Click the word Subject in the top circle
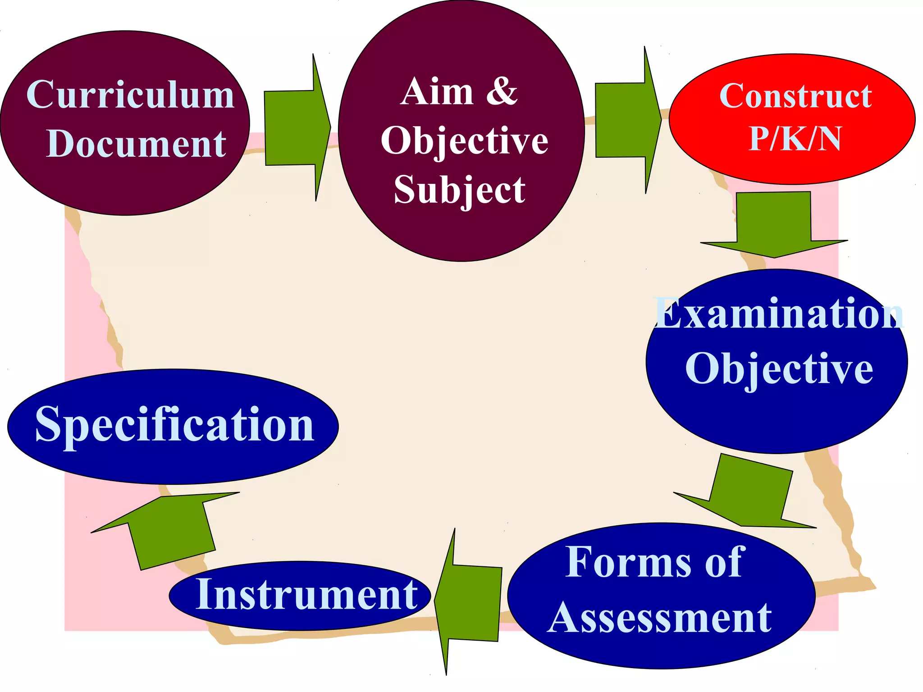(x=459, y=189)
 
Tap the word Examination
(x=779, y=313)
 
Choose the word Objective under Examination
(x=779, y=369)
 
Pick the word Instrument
(x=307, y=595)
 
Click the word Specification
(x=174, y=425)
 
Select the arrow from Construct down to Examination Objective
(x=774, y=225)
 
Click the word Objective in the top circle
(x=464, y=141)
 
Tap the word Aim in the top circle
(x=437, y=92)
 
